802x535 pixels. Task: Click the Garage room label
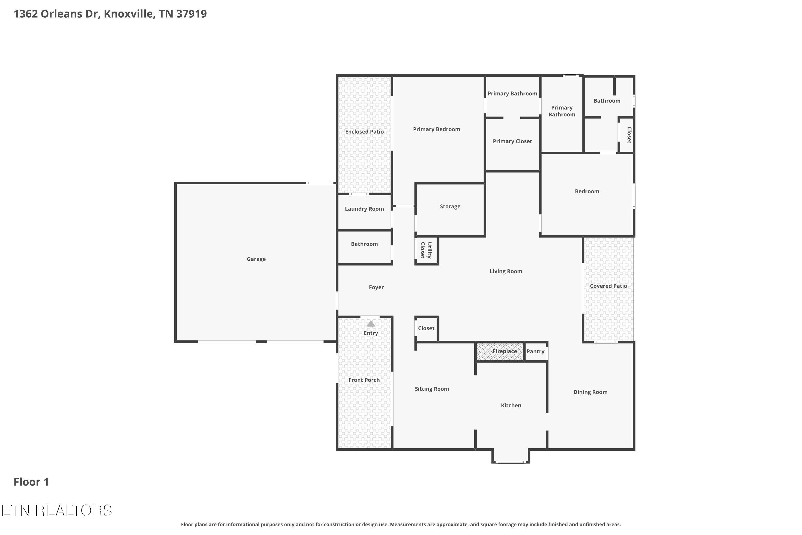pos(256,259)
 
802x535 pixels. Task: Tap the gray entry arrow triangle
pos(371,324)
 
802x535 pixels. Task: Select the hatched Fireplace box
pos(500,351)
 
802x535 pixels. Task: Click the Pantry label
pos(535,351)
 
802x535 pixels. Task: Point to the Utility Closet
pos(426,250)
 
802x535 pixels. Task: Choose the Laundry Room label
pos(364,209)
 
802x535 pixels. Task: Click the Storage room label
pos(450,207)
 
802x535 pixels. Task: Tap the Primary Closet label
pos(512,141)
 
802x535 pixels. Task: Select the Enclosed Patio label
pos(364,132)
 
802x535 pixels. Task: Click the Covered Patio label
pos(608,286)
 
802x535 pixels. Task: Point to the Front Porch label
pos(364,380)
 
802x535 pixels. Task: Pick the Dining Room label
pos(590,392)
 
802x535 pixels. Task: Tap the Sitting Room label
pos(432,389)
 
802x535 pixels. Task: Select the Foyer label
pos(376,287)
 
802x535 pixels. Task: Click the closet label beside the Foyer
pos(426,328)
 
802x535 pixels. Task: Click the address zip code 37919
pos(191,14)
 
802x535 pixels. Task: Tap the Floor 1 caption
pos(31,482)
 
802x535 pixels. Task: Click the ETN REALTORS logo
pos(57,510)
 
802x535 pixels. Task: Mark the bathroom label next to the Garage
pos(364,244)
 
